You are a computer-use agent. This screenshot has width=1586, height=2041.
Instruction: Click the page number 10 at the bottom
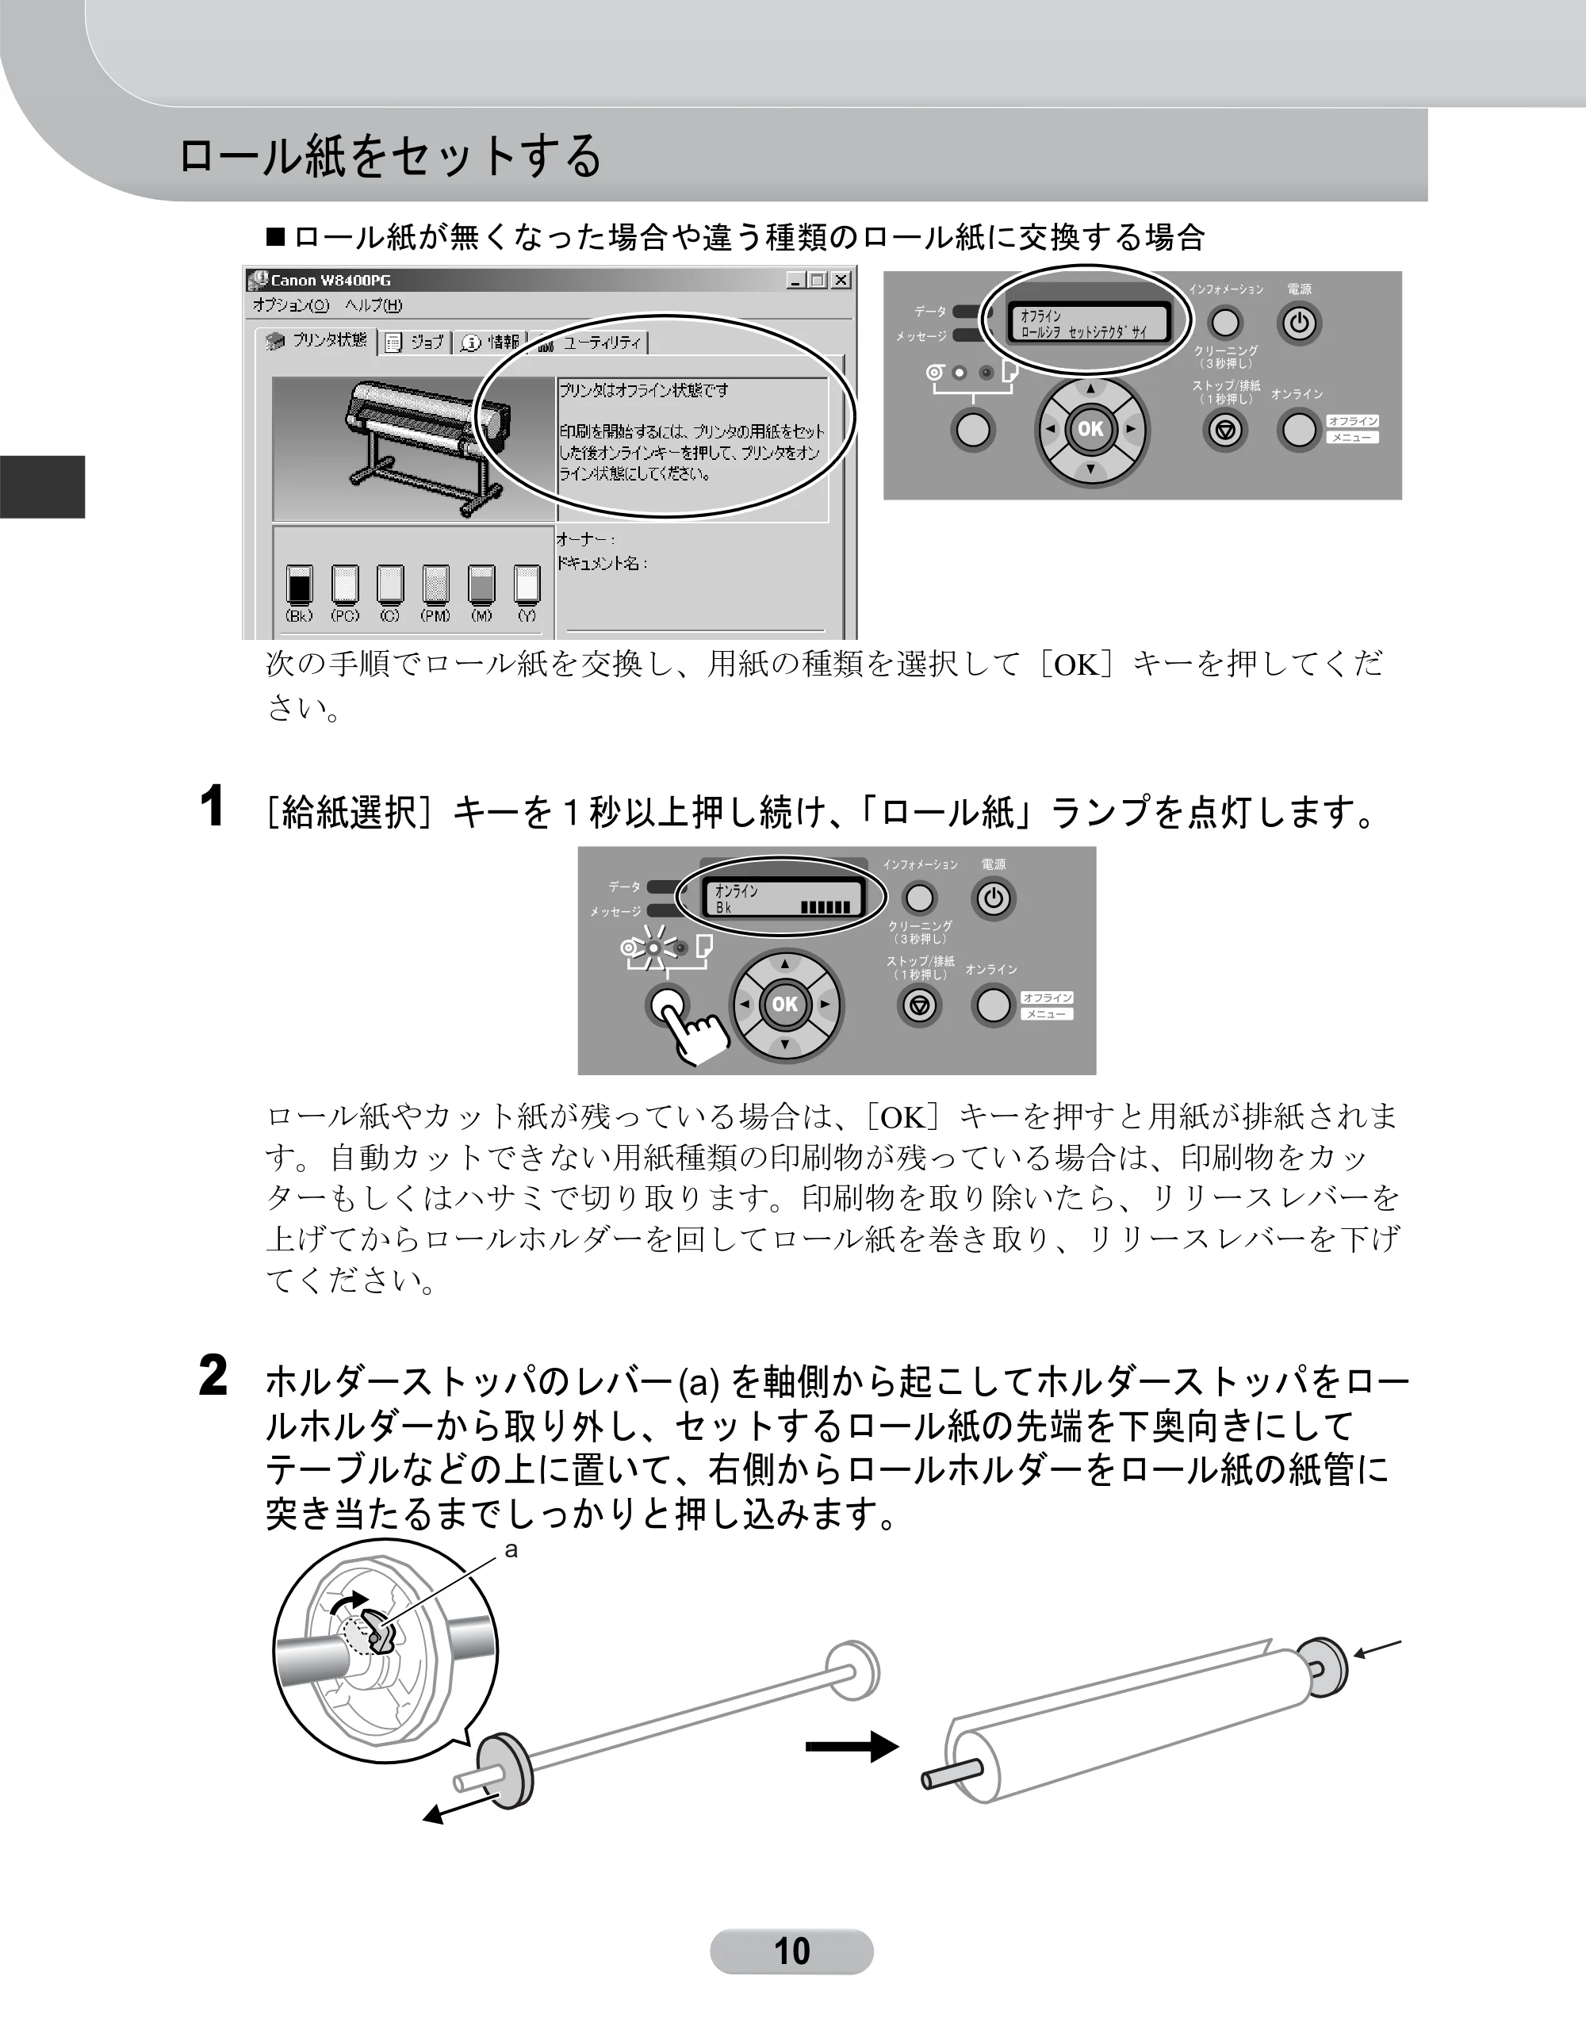pyautogui.click(x=791, y=1951)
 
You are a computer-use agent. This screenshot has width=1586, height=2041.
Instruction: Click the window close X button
pyautogui.click(x=841, y=279)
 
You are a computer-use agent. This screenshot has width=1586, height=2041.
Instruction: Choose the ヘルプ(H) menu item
pyautogui.click(x=373, y=305)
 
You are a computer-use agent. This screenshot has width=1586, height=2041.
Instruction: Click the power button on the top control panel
pyautogui.click(x=1299, y=324)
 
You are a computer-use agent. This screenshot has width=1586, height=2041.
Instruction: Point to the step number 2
pyautogui.click(x=213, y=1376)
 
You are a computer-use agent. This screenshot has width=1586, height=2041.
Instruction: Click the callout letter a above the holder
pyautogui.click(x=511, y=1550)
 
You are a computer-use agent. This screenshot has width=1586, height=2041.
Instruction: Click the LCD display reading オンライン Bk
pyautogui.click(x=780, y=899)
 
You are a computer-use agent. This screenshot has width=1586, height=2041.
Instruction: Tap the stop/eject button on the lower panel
pyautogui.click(x=920, y=1005)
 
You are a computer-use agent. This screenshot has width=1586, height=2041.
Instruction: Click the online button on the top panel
pyautogui.click(x=1299, y=430)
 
